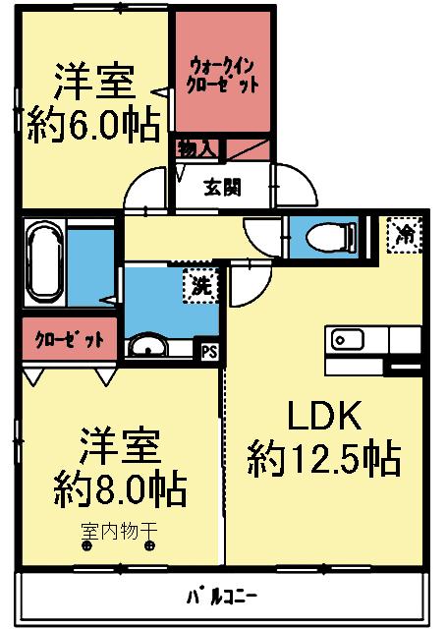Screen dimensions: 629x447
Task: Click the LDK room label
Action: point(323,417)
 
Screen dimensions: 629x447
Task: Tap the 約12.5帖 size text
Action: point(323,457)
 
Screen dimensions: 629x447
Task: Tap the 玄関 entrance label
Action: point(223,186)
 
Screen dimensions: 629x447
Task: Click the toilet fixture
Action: point(324,237)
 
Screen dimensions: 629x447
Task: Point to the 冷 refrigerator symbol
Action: point(403,234)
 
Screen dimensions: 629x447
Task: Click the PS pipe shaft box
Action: point(208,349)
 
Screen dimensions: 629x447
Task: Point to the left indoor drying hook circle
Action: point(87,547)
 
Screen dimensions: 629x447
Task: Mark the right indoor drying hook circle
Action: point(149,547)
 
